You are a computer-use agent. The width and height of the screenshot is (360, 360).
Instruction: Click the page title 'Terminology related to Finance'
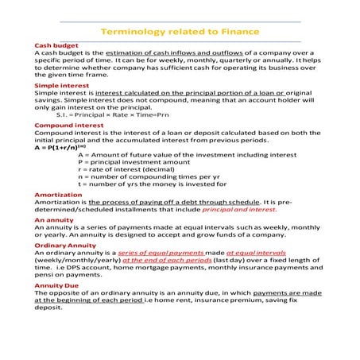click(180, 33)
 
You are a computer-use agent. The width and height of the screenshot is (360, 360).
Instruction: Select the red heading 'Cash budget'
click(51, 45)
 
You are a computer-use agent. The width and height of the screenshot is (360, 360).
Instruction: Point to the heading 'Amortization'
click(57, 195)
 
